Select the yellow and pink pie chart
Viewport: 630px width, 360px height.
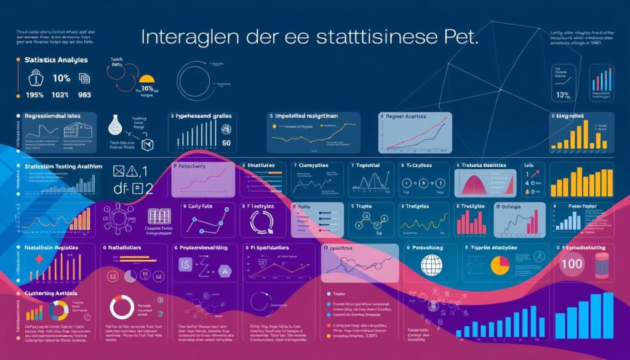tap(499, 266)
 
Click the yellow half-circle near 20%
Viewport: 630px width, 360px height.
tap(146, 79)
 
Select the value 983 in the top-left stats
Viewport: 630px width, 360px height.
tap(84, 96)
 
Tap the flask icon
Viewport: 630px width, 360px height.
tap(114, 126)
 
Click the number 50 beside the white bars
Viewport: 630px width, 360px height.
tap(226, 144)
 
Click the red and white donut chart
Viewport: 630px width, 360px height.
tap(122, 307)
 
